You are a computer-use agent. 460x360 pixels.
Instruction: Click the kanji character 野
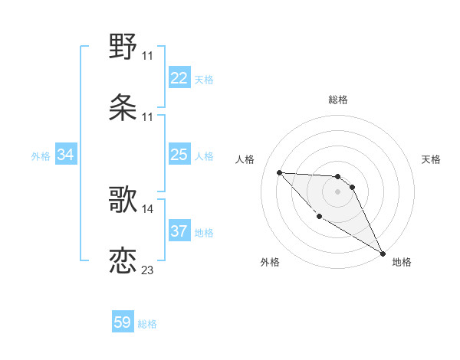point(123,47)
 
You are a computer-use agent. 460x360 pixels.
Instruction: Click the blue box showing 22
point(179,78)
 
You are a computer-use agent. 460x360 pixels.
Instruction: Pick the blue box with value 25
point(179,155)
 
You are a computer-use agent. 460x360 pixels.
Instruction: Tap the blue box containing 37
point(179,231)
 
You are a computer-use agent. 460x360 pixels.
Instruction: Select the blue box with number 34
point(66,155)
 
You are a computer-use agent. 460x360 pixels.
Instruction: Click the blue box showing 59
point(123,322)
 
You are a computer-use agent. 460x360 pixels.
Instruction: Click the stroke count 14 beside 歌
point(148,208)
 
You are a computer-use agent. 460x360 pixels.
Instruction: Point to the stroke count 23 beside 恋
point(148,270)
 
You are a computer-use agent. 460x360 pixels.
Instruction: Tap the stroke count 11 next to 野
point(148,56)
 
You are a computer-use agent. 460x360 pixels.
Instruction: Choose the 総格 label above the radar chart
point(338,100)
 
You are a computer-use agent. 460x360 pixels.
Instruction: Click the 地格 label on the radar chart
point(402,262)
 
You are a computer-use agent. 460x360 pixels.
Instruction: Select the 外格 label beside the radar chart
point(270,262)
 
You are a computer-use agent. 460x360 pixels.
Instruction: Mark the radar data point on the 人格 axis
point(279,172)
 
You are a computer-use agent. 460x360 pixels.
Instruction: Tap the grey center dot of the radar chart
point(337,191)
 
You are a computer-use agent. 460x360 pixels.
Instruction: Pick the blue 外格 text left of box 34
point(41,156)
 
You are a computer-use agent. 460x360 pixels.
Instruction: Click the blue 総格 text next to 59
point(147,324)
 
